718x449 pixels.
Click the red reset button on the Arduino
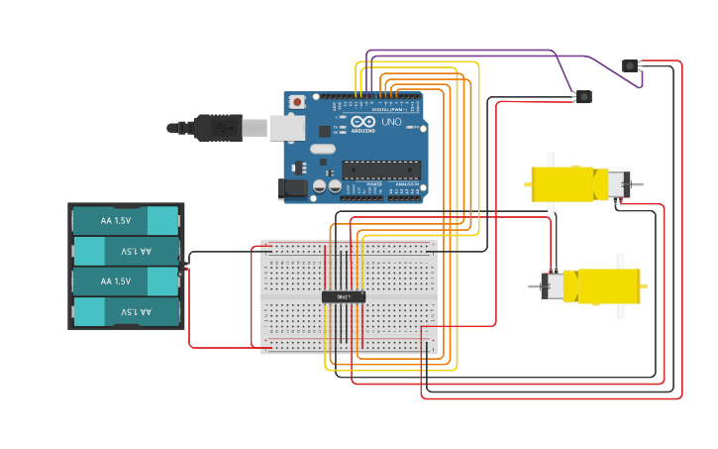click(296, 102)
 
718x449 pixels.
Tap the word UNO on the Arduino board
click(391, 123)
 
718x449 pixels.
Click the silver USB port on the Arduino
click(286, 127)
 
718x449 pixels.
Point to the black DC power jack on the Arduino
click(294, 186)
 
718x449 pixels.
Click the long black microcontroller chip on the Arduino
click(381, 169)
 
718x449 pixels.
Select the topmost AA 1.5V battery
click(126, 220)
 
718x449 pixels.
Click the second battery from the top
click(126, 251)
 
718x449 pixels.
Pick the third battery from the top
click(126, 281)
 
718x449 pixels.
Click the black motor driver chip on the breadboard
click(344, 296)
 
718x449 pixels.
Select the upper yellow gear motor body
click(563, 183)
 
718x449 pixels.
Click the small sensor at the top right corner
click(630, 65)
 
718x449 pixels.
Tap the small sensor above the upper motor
click(584, 96)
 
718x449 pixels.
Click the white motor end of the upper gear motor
click(616, 184)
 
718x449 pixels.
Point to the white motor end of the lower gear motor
click(552, 286)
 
